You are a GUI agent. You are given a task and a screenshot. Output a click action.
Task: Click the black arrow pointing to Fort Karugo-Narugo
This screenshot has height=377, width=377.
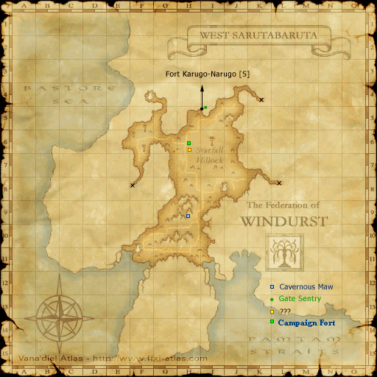point(202,96)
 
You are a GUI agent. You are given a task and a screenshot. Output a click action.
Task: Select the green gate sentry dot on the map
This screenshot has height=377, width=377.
point(205,108)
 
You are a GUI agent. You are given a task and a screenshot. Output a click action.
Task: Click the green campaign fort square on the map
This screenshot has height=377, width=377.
point(188,143)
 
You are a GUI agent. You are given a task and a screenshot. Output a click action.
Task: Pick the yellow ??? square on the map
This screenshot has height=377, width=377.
point(188,149)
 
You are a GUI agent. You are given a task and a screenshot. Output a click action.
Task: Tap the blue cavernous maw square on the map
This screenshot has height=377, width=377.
point(188,216)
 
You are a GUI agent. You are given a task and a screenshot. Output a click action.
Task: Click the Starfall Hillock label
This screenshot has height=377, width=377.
point(209,154)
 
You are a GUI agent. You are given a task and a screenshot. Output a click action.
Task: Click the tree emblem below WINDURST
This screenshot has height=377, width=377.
point(283,253)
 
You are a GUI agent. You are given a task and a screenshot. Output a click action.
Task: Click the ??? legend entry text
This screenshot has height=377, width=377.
point(285,311)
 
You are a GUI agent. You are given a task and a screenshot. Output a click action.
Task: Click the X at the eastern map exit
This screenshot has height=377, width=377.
point(279,183)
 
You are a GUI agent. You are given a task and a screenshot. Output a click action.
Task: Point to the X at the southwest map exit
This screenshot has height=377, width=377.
point(133,185)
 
